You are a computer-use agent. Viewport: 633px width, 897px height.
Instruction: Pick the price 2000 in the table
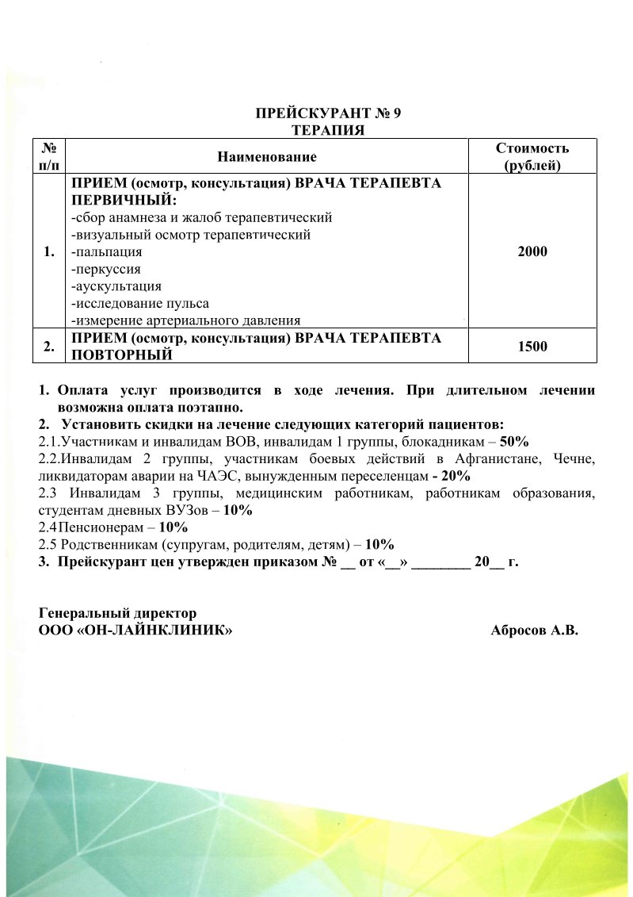click(x=532, y=251)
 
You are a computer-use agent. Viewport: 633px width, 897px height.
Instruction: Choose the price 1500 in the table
click(x=532, y=346)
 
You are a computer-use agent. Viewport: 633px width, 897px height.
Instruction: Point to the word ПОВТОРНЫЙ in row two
click(x=122, y=355)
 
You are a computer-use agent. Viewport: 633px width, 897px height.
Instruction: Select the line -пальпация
click(x=107, y=251)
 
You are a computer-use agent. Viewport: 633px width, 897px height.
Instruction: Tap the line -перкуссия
click(x=106, y=269)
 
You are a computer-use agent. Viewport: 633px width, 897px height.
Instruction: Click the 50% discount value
click(x=514, y=441)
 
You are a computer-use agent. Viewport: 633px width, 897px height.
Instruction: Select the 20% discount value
click(x=455, y=476)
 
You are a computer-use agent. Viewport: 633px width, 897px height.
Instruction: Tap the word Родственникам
click(x=111, y=545)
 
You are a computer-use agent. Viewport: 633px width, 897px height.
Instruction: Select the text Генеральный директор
click(x=117, y=614)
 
